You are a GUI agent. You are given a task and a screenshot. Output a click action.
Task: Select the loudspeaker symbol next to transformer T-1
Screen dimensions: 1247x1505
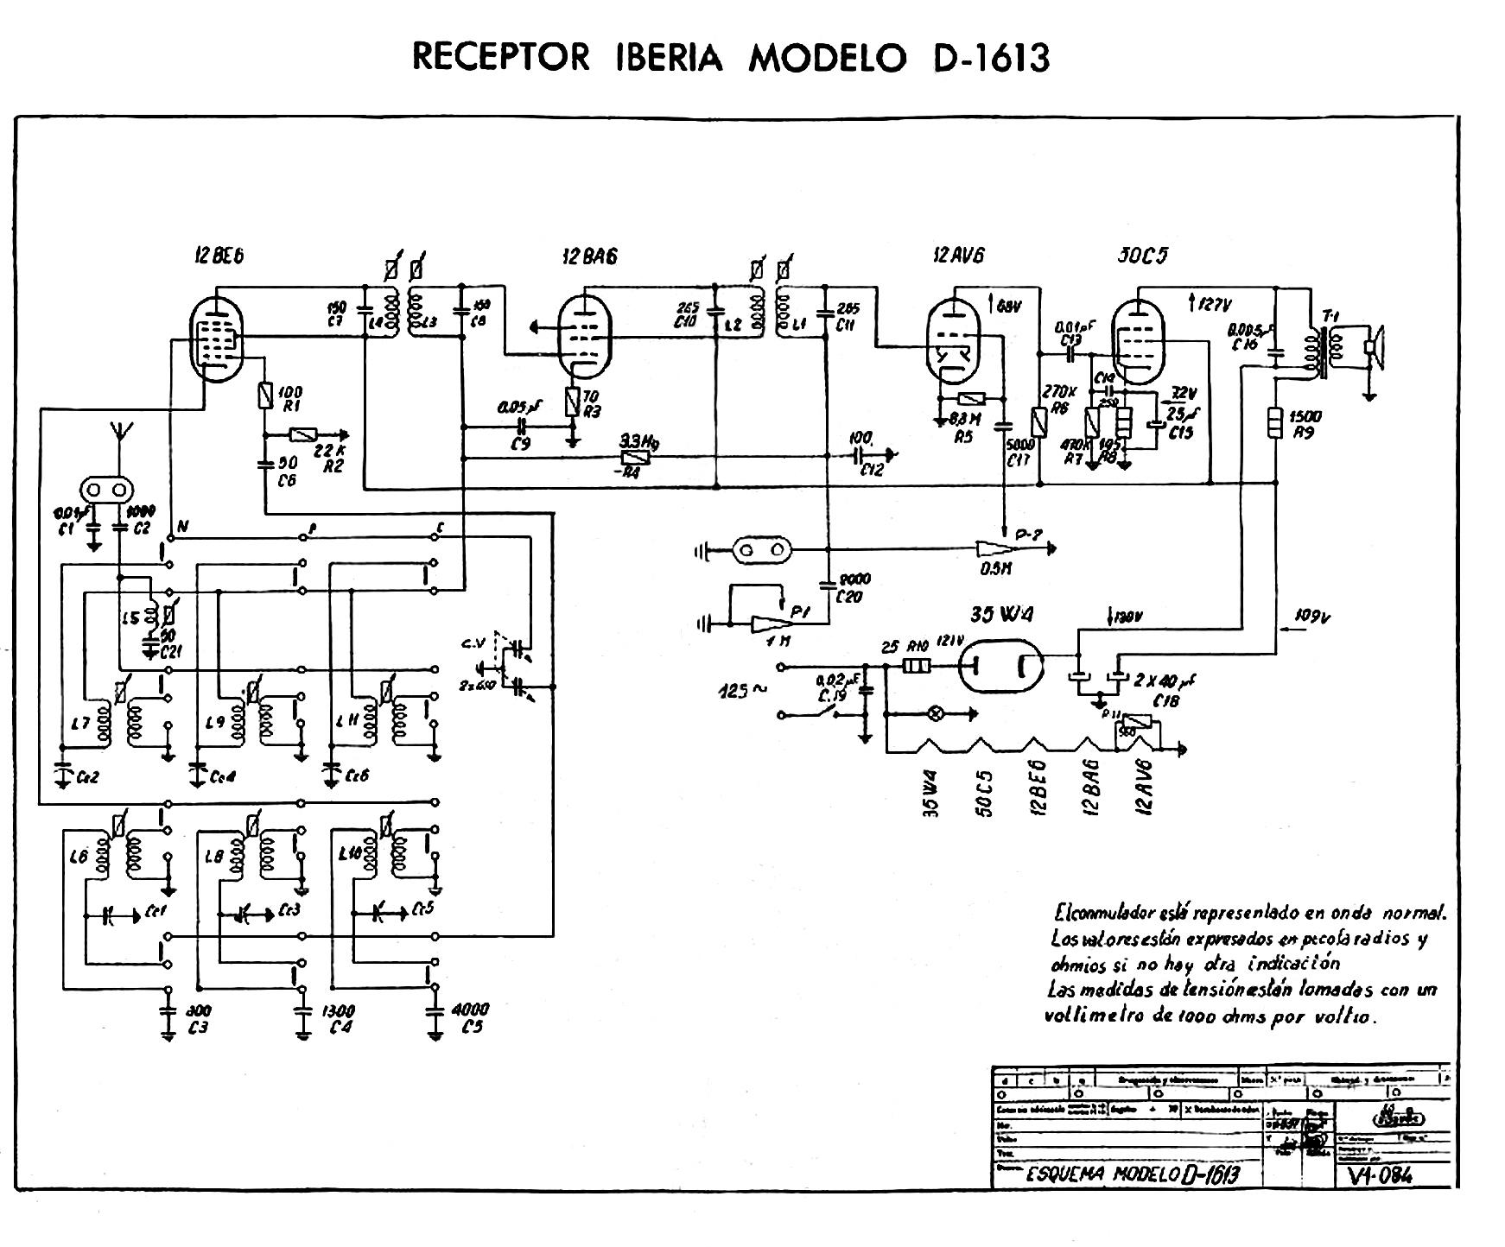[1371, 347]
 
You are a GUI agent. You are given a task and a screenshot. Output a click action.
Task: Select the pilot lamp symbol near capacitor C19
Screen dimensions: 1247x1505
[935, 714]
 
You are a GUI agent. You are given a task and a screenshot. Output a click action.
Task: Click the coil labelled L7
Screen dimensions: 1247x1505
[105, 721]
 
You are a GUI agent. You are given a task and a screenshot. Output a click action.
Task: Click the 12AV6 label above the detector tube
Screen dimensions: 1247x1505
[958, 256]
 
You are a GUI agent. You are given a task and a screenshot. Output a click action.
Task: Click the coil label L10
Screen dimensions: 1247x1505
[350, 854]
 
